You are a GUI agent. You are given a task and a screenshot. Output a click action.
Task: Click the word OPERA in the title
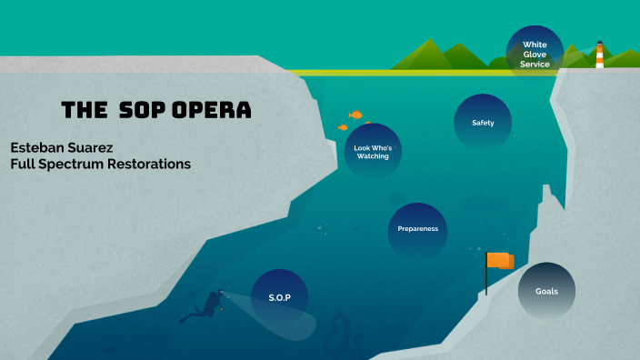coord(210,111)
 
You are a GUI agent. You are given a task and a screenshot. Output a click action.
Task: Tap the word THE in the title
coord(85,111)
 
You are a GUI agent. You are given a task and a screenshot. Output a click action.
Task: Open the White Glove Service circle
coord(535,53)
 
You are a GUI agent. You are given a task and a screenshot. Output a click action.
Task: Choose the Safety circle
coord(483,123)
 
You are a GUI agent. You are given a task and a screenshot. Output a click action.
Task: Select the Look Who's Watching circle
coord(373,151)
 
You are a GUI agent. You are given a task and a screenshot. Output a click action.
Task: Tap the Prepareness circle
coord(418,228)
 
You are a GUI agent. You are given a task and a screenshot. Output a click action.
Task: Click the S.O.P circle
coord(278,297)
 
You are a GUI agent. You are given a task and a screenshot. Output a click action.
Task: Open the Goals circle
coord(546,291)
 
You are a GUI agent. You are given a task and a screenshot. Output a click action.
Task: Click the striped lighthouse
coord(599,55)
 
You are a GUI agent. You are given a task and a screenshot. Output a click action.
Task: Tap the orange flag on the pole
coord(500,261)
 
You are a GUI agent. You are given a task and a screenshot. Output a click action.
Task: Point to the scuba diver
coord(207,306)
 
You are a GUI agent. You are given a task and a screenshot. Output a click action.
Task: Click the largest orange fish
coord(356,115)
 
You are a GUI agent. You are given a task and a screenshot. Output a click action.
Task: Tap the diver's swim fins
coord(187,317)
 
